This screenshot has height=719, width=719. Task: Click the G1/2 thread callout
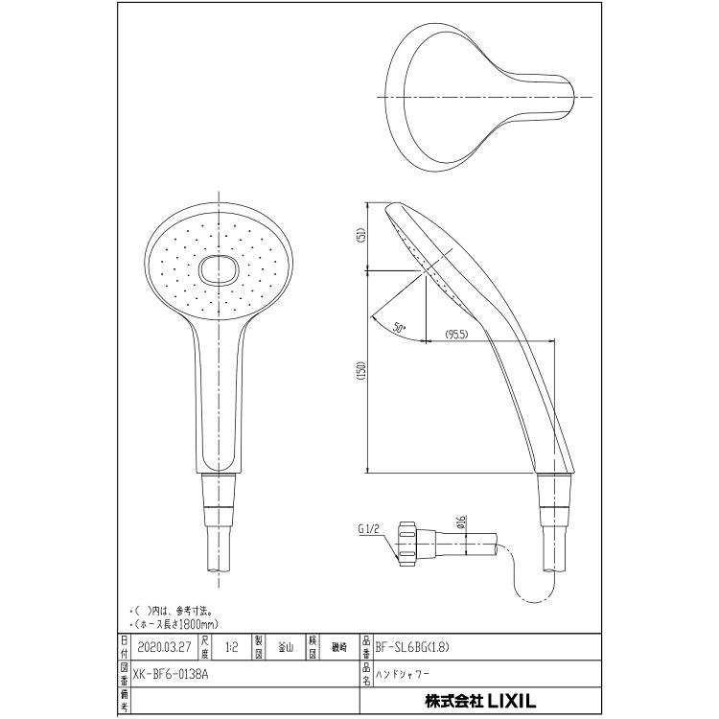pos(371,527)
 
